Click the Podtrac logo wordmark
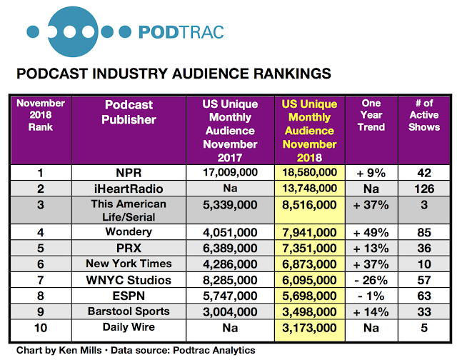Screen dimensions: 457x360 coord(181,32)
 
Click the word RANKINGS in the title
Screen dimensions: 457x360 coord(292,74)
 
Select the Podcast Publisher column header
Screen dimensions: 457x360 coord(129,112)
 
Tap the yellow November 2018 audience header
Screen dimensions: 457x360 coord(309,131)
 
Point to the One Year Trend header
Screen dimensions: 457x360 coord(371,115)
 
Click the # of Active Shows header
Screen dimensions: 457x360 coord(424,115)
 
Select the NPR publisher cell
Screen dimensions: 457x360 coord(129,173)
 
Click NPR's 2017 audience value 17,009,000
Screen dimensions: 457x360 coord(230,172)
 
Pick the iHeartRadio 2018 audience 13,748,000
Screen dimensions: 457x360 coord(309,189)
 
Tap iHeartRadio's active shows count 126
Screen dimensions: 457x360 coord(424,189)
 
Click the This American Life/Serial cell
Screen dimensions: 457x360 coord(129,211)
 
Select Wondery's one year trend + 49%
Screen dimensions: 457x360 coord(371,233)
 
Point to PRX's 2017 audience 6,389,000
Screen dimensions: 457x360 coord(230,249)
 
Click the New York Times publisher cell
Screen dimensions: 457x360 coord(129,264)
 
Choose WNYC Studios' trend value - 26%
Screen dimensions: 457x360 coord(371,280)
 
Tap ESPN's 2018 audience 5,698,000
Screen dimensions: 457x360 coord(309,296)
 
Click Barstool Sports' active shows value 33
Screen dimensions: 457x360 coord(424,312)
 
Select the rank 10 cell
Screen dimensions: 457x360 coord(41,328)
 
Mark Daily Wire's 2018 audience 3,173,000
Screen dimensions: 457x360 coord(309,328)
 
